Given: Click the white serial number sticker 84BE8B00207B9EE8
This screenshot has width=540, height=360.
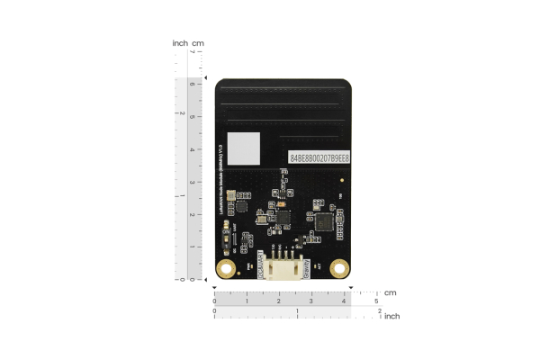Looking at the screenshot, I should tap(319, 157).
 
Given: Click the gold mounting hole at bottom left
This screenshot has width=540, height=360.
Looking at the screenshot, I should tap(227, 268).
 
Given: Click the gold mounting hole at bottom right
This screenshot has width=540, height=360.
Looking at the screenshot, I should tap(339, 267).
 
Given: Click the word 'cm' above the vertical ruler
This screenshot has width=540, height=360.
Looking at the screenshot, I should tap(198, 43).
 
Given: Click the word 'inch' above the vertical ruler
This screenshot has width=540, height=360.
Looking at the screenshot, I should tap(180, 43).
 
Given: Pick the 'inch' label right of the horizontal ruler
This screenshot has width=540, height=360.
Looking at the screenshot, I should tap(392, 316).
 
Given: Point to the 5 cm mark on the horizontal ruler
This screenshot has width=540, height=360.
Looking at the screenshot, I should tap(376, 301).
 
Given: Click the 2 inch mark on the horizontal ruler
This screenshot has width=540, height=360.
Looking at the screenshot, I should tap(380, 311).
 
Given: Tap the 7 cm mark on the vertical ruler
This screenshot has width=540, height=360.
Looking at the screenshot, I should tap(191, 52).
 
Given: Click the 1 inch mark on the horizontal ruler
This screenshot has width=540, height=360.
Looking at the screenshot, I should tap(297, 311).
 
